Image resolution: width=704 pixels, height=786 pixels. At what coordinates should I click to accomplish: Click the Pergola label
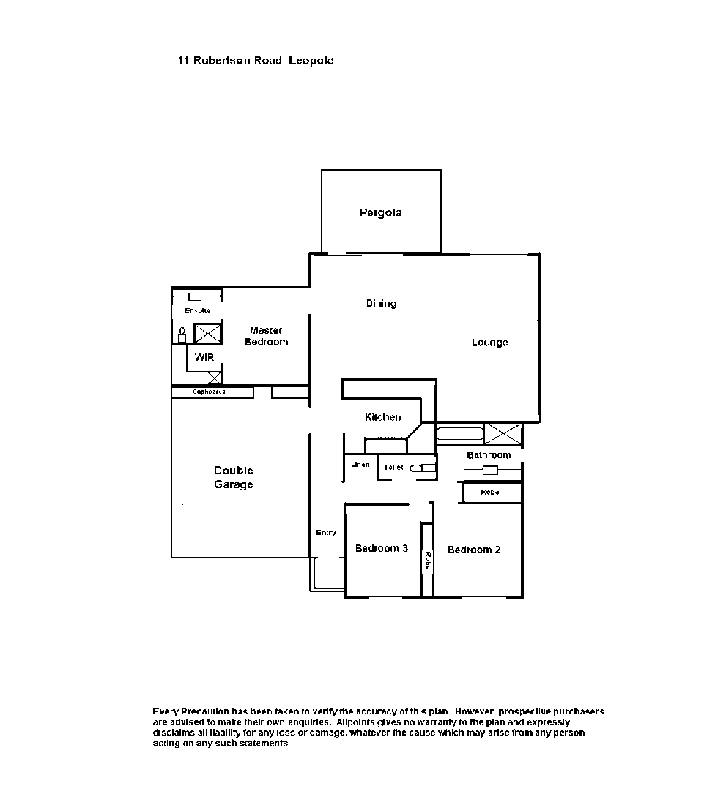(380, 213)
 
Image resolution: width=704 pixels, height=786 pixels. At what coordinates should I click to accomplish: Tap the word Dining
(381, 303)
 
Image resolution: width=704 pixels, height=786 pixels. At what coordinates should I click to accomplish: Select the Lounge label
(489, 343)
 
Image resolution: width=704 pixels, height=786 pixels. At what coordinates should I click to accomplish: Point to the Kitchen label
(382, 417)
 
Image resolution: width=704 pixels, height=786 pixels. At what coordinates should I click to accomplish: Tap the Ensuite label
(197, 311)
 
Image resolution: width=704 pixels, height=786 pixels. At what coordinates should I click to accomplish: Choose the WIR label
(204, 357)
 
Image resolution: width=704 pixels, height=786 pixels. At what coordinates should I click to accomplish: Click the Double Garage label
(233, 477)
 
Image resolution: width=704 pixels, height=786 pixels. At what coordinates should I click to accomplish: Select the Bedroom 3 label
(381, 548)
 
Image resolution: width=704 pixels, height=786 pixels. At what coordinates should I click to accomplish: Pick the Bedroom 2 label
(474, 550)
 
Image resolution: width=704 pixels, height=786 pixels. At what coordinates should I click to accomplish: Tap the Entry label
(326, 533)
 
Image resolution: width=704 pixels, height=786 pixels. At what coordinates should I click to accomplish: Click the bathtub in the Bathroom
(460, 433)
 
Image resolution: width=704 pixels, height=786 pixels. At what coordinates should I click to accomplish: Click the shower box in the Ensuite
(207, 333)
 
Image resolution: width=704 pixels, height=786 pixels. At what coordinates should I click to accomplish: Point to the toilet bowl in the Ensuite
(182, 336)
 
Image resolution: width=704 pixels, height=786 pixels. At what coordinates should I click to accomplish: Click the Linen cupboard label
(360, 465)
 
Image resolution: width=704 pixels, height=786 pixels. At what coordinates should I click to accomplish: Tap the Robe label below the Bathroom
(490, 493)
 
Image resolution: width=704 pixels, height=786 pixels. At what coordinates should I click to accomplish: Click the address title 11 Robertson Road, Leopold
(255, 61)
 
